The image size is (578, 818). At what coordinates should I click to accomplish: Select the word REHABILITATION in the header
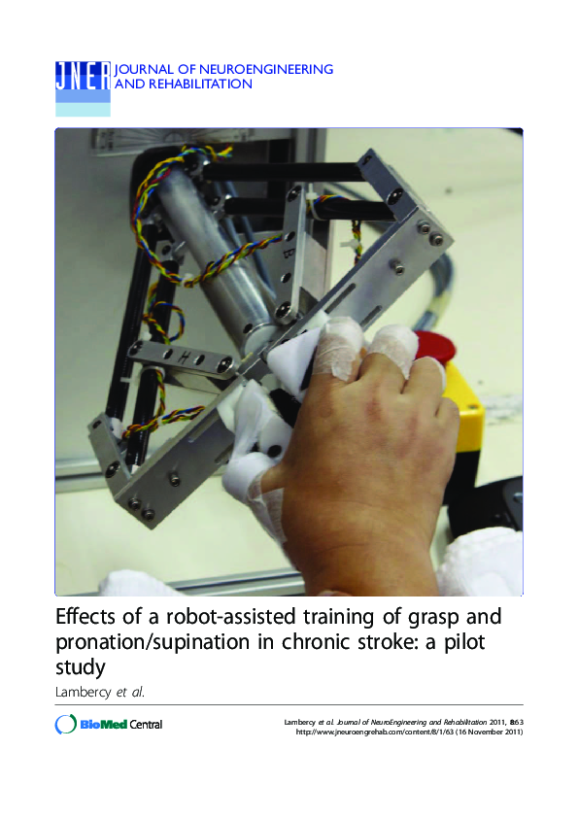[198, 85]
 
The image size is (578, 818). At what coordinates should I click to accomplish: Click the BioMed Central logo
[108, 725]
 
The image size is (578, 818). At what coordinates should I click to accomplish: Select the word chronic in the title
[298, 642]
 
